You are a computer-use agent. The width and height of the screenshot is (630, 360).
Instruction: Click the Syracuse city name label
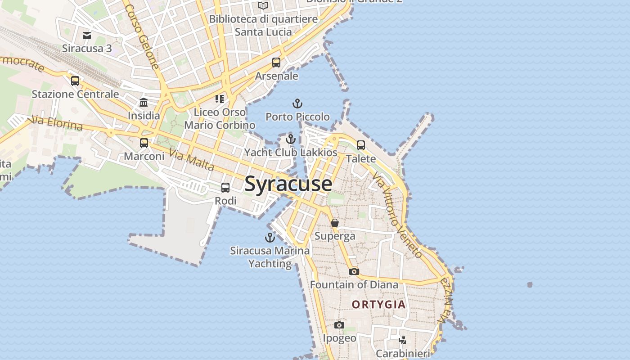[288, 184]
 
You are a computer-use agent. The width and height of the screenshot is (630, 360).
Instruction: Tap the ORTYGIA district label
[378, 305]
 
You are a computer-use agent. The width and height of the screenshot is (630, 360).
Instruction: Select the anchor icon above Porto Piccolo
[297, 104]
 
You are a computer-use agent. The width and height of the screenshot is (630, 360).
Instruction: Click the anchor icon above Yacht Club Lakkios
[291, 139]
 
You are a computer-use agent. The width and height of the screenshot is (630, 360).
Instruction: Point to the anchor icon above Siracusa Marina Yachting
[270, 237]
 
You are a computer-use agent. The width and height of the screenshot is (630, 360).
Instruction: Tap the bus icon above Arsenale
[276, 63]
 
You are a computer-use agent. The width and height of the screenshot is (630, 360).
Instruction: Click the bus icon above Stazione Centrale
[75, 81]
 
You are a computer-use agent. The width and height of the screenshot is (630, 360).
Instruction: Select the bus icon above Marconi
[144, 143]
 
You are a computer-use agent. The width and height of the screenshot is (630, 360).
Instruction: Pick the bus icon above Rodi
[225, 188]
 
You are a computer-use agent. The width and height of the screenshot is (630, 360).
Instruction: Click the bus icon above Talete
[361, 145]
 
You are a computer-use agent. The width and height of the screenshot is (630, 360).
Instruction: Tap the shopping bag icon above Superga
[335, 223]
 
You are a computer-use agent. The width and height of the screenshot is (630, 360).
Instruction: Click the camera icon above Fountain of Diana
[354, 271]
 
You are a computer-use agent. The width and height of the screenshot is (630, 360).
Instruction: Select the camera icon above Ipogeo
[339, 325]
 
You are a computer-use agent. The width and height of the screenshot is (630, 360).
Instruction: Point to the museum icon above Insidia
[144, 102]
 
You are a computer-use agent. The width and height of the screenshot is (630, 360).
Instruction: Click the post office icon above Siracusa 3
[87, 35]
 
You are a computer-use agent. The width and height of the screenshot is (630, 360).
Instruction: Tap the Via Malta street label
[191, 160]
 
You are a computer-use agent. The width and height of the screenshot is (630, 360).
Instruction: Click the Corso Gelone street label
[142, 37]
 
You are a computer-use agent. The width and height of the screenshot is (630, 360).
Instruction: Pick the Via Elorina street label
[56, 123]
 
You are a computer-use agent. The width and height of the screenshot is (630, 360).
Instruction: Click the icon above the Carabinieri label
[403, 340]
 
